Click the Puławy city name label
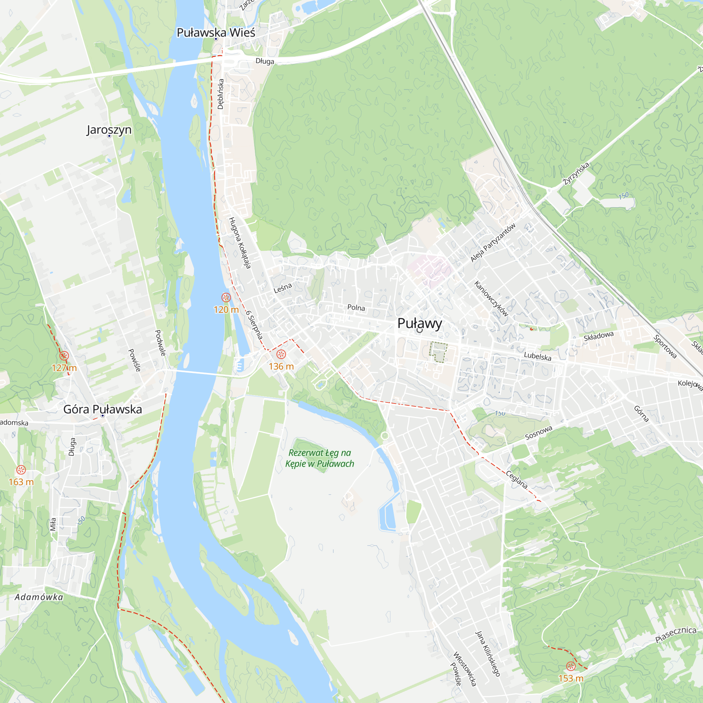pos(420,323)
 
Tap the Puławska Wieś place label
pos(216,32)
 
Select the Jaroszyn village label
pos(109,130)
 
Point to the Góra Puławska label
pos(103,409)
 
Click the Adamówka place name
pos(39,597)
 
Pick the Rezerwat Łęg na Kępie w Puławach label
pos(320,458)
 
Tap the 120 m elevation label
pos(226,310)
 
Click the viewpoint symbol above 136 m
pos(281,354)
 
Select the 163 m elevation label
pos(21,482)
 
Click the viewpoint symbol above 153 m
pos(571,666)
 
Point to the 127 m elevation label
pos(64,368)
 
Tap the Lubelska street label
pos(537,356)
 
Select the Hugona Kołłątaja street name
pos(240,243)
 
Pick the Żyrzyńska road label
pos(576,174)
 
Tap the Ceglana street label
pos(517,479)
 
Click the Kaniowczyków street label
pos(491,298)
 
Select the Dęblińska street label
pos(220,94)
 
